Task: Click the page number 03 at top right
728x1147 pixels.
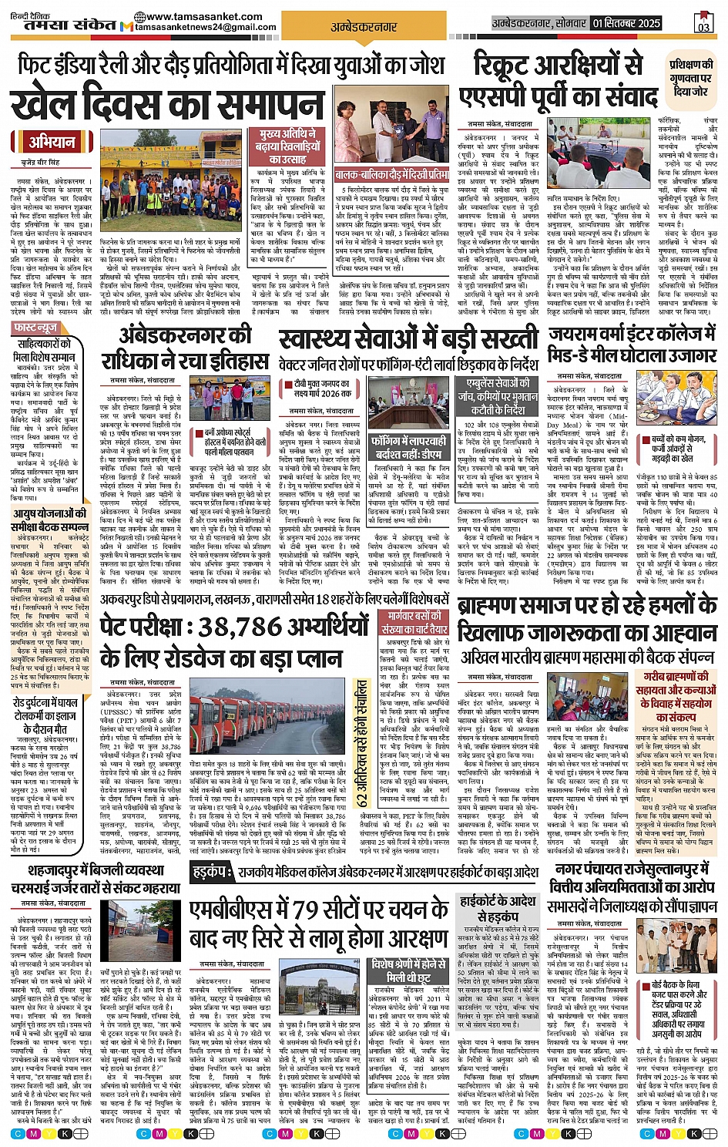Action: pyautogui.click(x=703, y=24)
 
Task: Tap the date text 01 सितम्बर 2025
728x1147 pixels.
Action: pyautogui.click(x=626, y=23)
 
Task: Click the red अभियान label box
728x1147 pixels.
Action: pyautogui.click(x=52, y=142)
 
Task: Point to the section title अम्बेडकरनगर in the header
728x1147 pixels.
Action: pyautogui.click(x=364, y=27)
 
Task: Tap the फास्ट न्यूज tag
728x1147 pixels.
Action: pyautogui.click(x=35, y=328)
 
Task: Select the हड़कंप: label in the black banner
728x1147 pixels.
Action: pyautogui.click(x=209, y=872)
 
